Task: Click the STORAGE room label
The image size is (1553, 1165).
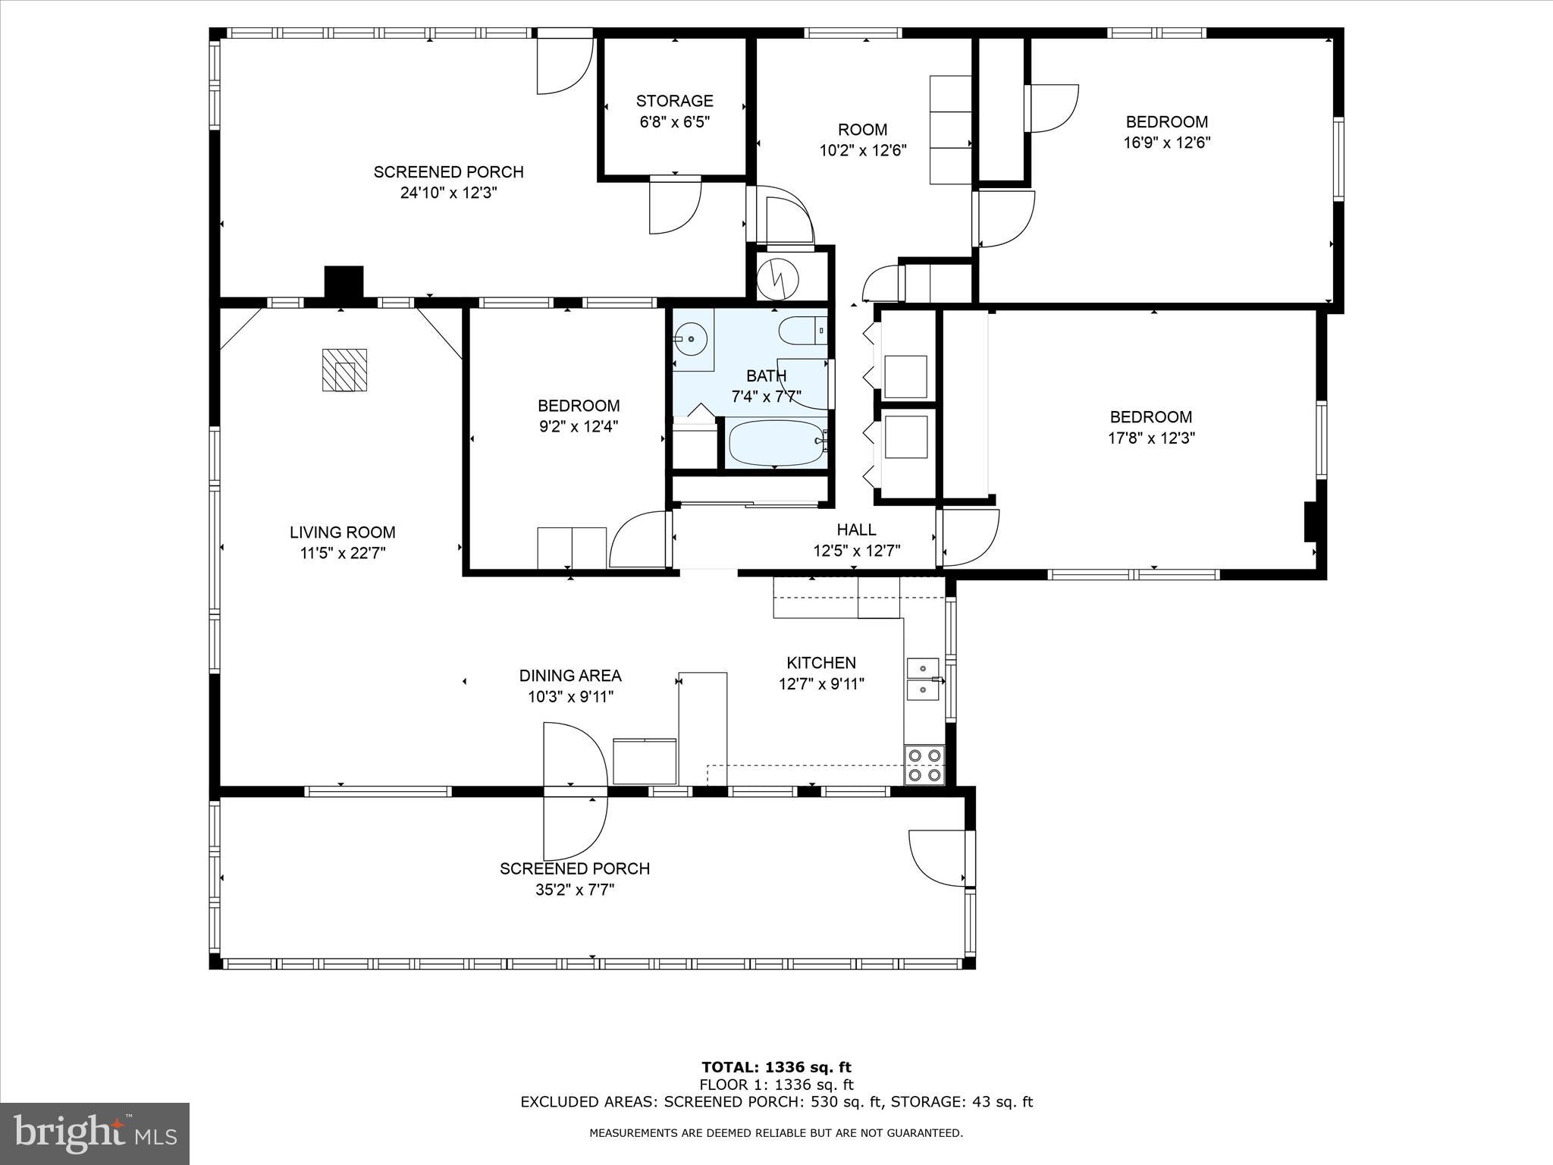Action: (x=674, y=101)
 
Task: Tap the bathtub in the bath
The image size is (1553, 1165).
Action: (x=775, y=443)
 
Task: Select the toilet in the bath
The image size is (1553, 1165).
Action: (x=801, y=331)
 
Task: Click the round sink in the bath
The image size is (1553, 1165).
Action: (x=691, y=338)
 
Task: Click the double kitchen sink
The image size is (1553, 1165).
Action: (x=923, y=679)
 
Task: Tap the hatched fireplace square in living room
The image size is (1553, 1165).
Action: (x=344, y=370)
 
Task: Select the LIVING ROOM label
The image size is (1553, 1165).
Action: (x=343, y=532)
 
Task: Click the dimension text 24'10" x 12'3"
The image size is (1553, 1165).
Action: (x=448, y=193)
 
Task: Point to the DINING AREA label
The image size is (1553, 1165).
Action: (x=570, y=675)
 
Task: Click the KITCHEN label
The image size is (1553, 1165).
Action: (x=821, y=663)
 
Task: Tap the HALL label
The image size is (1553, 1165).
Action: (x=856, y=529)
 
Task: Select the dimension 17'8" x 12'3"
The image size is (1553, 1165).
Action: (x=1151, y=438)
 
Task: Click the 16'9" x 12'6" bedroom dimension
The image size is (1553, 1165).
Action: (x=1166, y=143)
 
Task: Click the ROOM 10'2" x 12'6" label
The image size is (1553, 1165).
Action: (x=862, y=130)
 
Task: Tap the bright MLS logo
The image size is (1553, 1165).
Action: (x=95, y=1133)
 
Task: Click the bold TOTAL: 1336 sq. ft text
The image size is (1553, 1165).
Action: (x=776, y=1068)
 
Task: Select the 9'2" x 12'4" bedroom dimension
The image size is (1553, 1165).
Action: (x=579, y=426)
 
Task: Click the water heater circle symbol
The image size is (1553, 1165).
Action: (x=779, y=278)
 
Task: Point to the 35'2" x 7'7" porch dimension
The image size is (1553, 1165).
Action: (x=574, y=890)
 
